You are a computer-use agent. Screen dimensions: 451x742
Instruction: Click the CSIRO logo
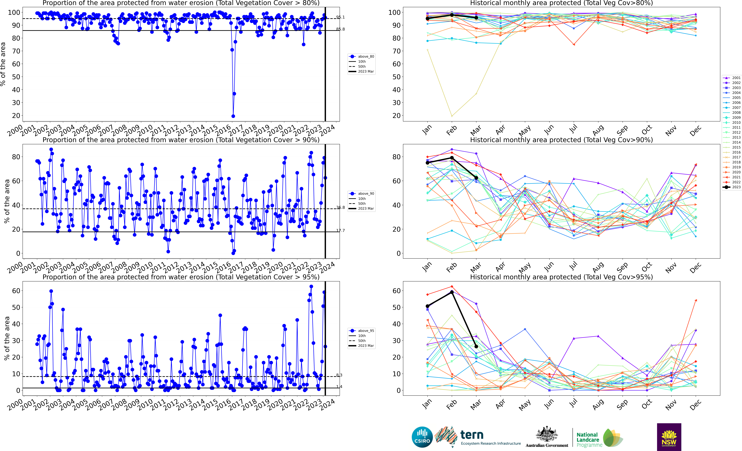422,437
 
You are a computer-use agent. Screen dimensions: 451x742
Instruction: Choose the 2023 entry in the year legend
732,187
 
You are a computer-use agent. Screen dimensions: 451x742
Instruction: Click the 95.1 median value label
340,17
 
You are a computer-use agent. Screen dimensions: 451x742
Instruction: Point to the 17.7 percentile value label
340,231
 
